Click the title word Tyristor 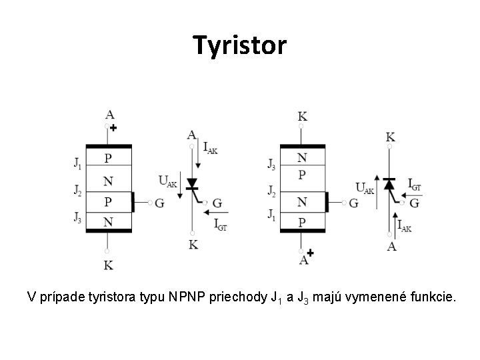coord(240,45)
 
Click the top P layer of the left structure coord(109,159)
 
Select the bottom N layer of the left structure coord(109,220)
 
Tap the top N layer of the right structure coord(302,158)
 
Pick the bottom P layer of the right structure coord(302,221)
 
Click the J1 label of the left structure coord(79,163)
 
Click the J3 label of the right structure coord(271,163)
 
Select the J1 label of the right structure coord(271,215)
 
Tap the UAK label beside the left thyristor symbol coord(168,180)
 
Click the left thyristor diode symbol coord(192,184)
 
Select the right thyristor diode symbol coord(390,183)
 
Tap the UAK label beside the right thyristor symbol coord(365,187)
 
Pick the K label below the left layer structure coord(108,265)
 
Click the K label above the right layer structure coord(302,117)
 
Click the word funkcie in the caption coord(432,295)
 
